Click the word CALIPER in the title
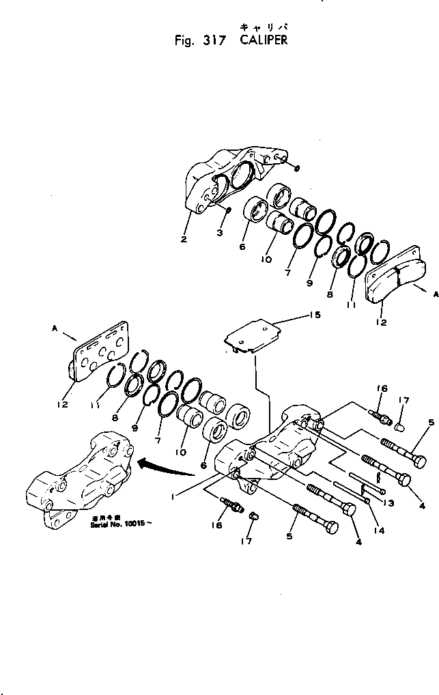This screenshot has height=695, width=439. [264, 40]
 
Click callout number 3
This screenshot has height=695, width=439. [220, 234]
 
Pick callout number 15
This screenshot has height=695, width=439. [314, 316]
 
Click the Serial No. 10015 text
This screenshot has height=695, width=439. [118, 529]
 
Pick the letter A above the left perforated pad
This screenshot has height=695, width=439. [54, 328]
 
